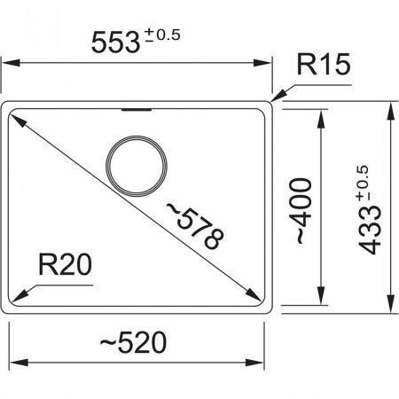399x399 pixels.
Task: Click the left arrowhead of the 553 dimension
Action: click(8, 63)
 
